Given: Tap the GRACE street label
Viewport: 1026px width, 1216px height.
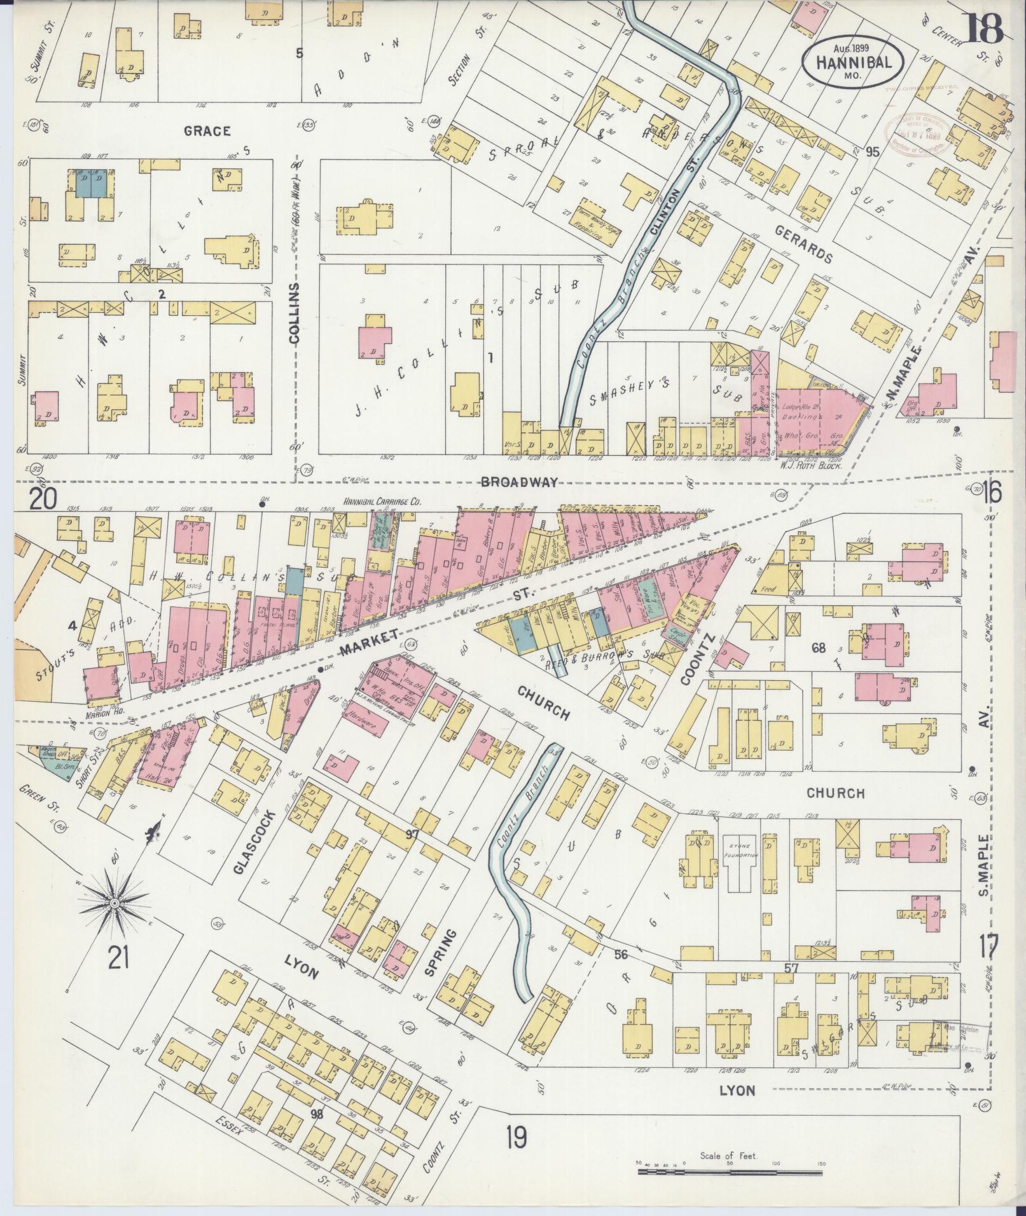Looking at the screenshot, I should (x=206, y=131).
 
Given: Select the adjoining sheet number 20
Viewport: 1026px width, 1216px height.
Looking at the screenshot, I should (x=43, y=498).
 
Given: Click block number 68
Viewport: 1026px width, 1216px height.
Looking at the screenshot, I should (x=818, y=649).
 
